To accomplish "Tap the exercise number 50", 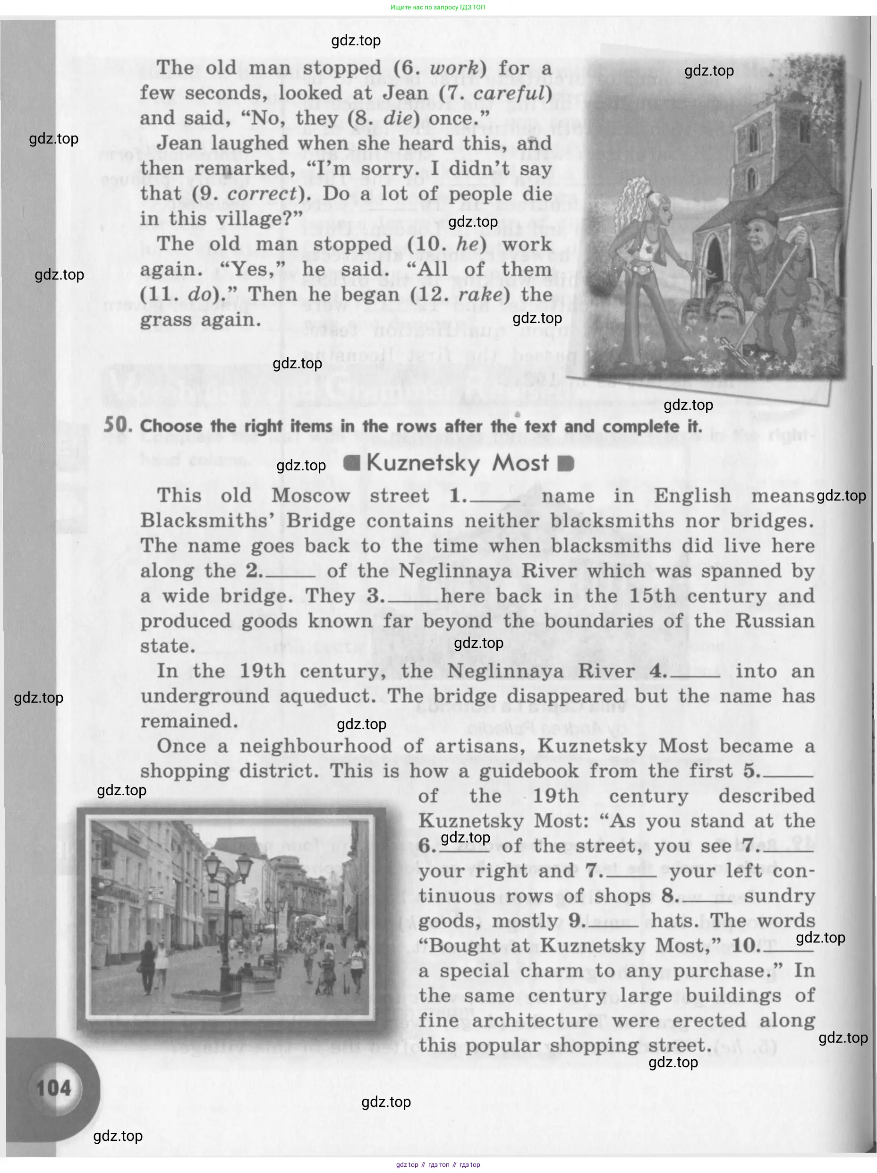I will (x=117, y=425).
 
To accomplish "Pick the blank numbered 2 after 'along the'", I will (x=289, y=573).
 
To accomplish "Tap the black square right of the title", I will (x=566, y=464).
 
